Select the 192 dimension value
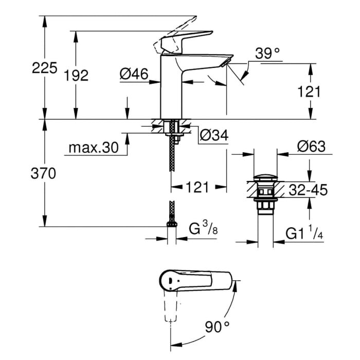point(77,76)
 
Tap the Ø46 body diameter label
point(134,75)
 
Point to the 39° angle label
point(267,53)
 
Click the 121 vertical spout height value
point(309,92)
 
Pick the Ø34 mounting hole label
point(213,135)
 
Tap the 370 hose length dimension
point(44,174)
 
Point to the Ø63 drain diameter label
point(311,147)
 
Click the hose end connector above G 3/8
point(171,222)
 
